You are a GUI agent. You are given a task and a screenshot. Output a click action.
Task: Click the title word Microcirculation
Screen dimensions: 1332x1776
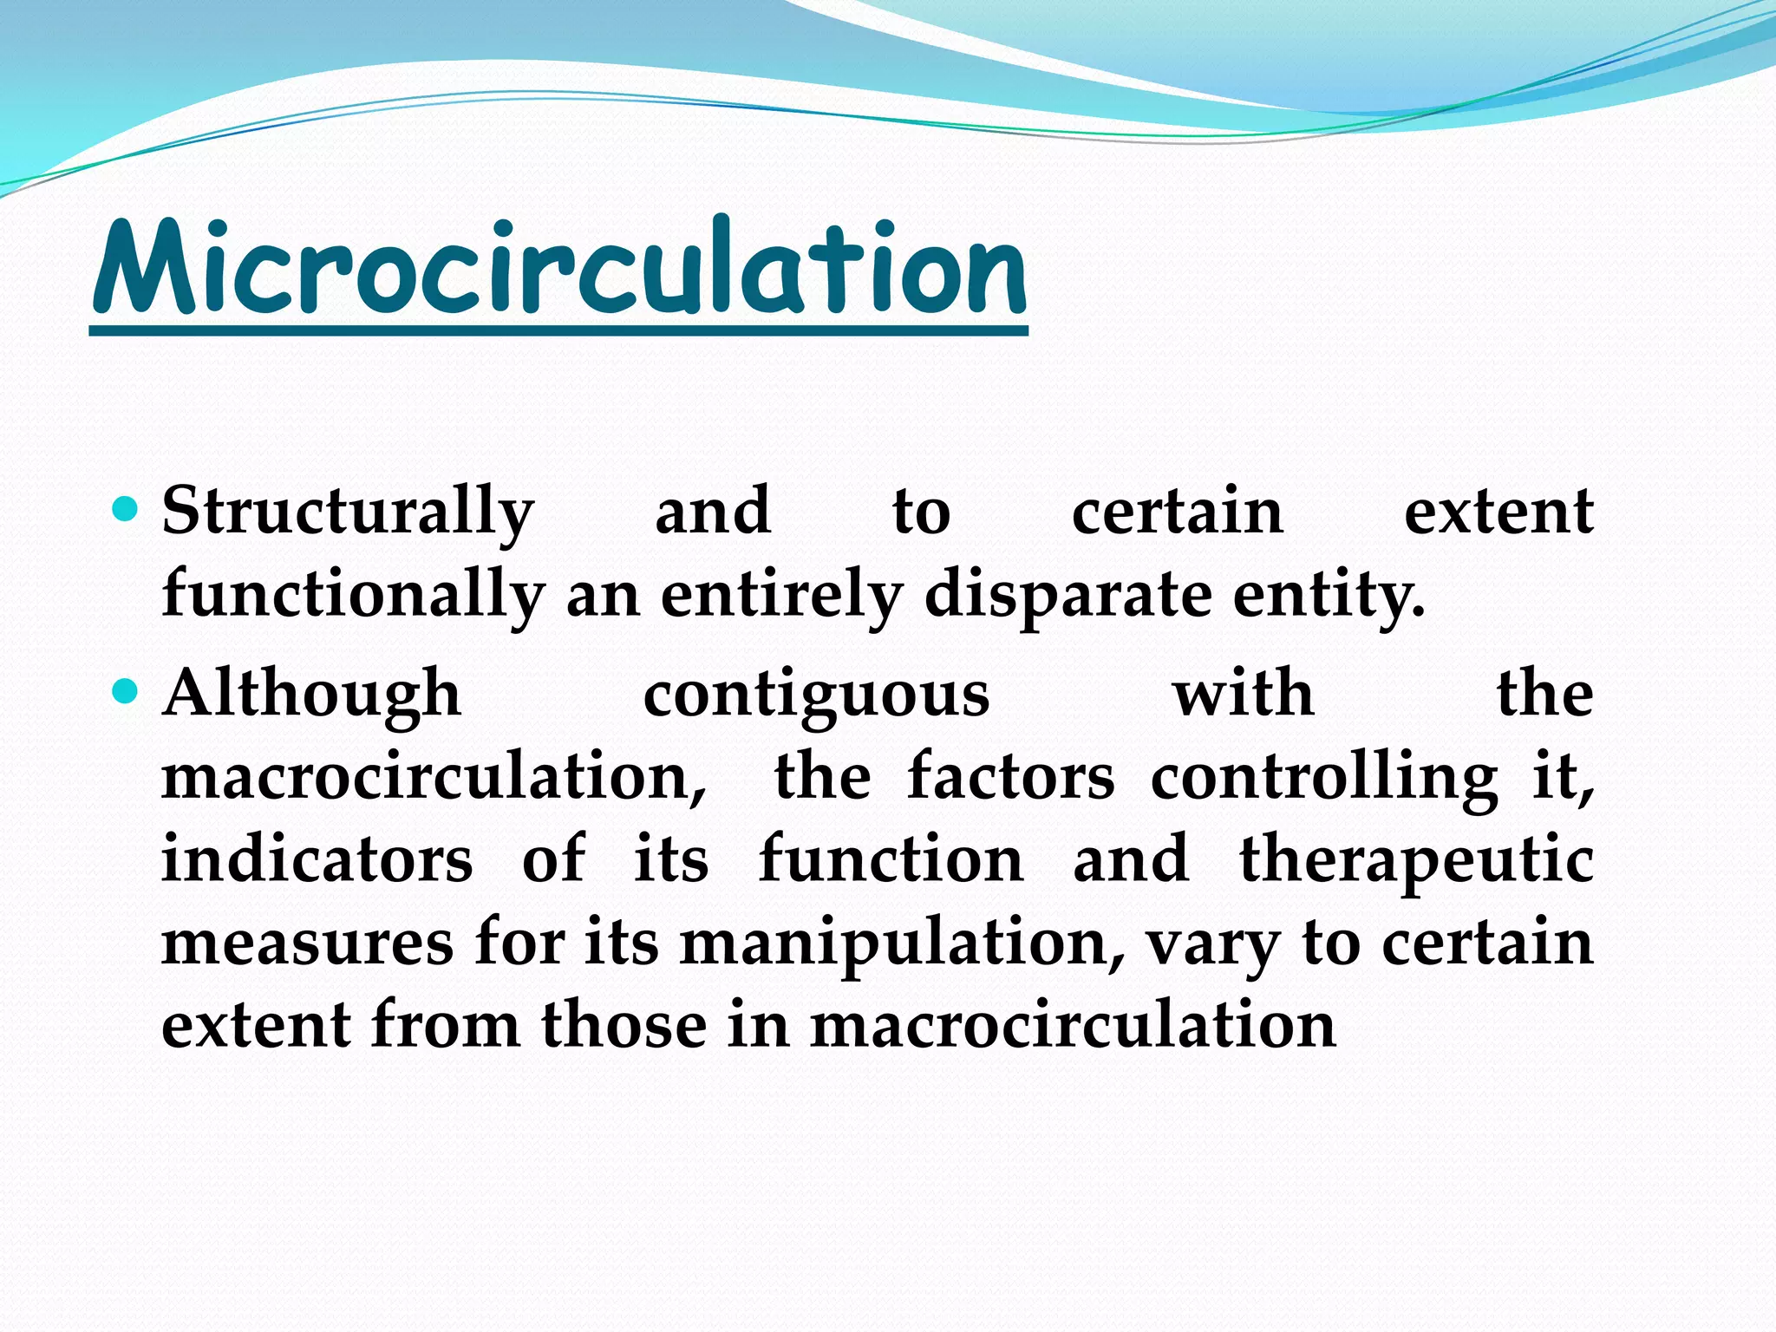pos(559,269)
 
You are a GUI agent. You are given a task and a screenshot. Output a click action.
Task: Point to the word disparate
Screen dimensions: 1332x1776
pos(1068,597)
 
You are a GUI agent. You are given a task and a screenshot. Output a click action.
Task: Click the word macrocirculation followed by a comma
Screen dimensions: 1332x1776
pos(434,777)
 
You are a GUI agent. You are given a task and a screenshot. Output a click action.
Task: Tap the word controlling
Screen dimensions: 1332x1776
pos(1323,777)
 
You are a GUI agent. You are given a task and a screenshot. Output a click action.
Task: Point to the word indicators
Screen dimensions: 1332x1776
pos(317,859)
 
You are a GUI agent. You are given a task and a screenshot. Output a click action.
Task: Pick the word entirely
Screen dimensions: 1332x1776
pos(781,597)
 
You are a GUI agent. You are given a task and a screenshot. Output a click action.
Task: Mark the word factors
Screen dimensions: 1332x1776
pos(1010,777)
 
